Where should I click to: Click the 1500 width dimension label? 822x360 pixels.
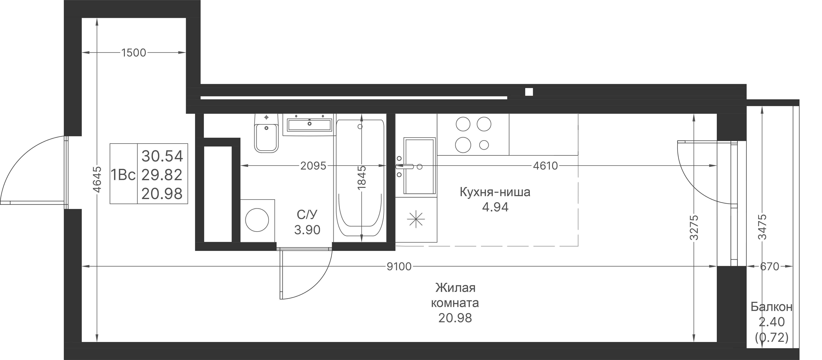coord(134,53)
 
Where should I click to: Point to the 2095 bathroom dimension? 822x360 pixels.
coord(313,166)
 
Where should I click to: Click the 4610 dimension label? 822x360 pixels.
coord(545,166)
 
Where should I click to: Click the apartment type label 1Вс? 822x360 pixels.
coord(123,175)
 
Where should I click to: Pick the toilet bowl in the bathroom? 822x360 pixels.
coord(266,138)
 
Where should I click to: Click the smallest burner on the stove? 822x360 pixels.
coord(484,145)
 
